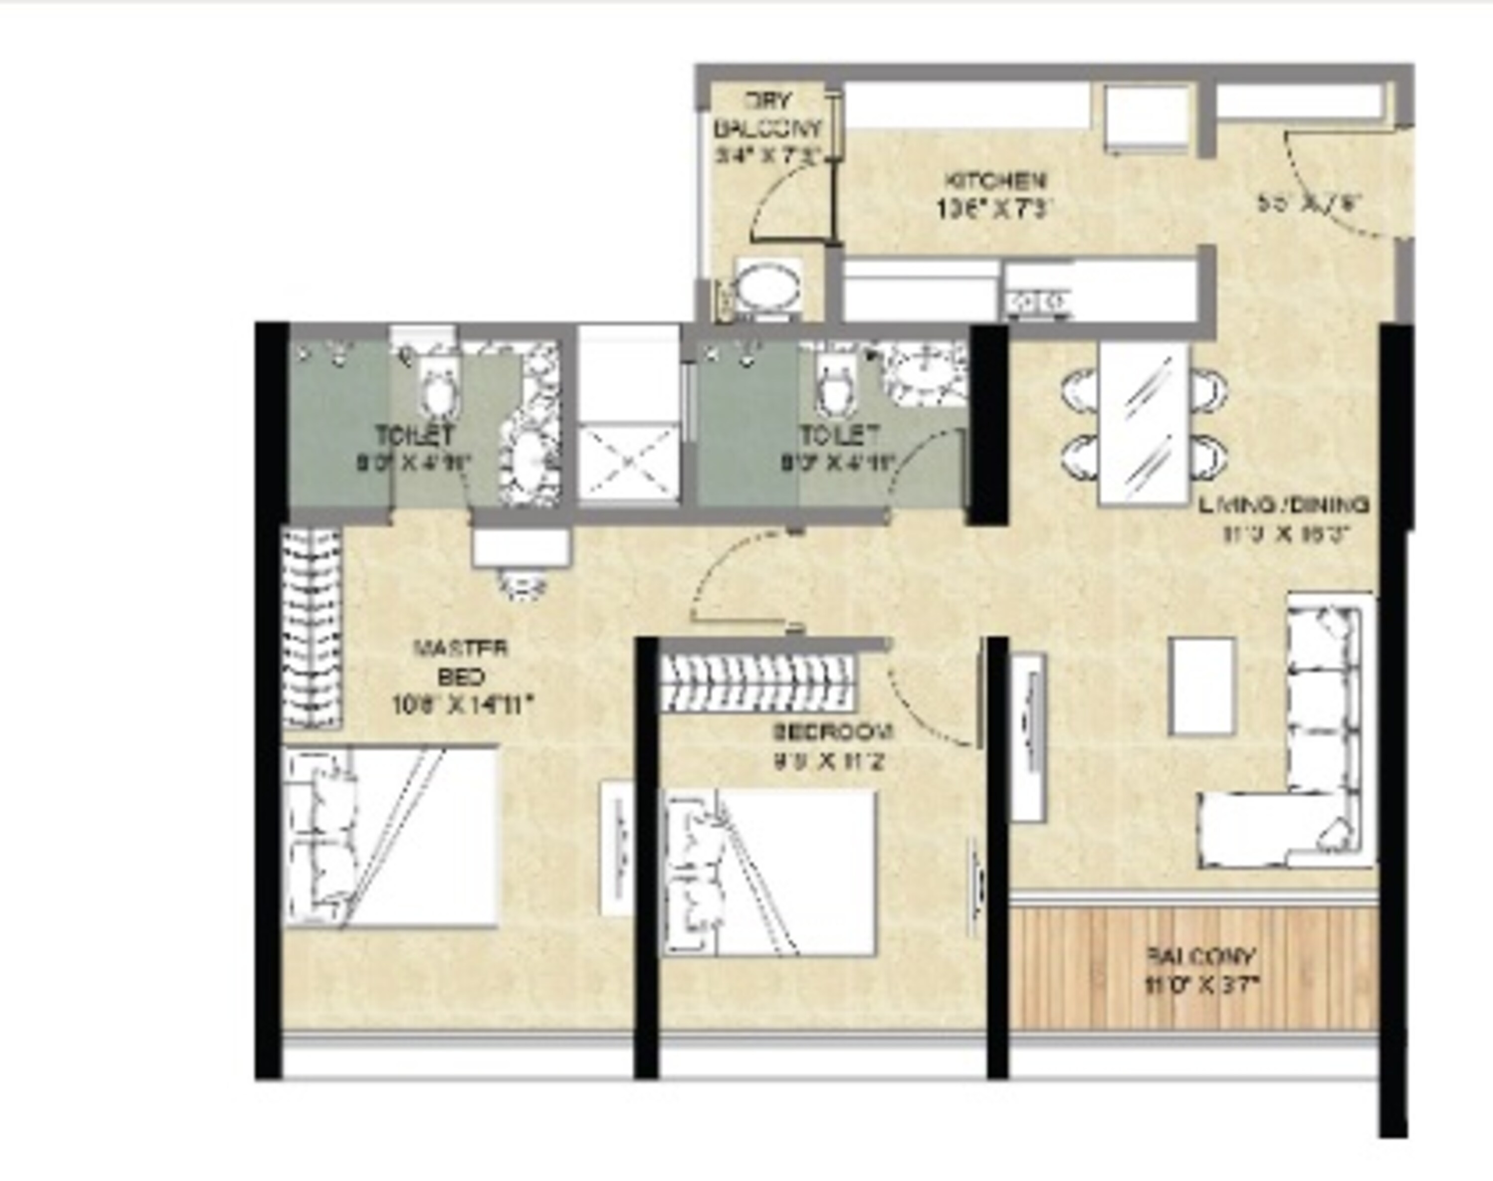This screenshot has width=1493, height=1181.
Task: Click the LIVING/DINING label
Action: coord(1283,505)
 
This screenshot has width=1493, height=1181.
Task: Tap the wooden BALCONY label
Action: coord(1200,957)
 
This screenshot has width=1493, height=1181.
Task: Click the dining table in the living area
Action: coord(1145,425)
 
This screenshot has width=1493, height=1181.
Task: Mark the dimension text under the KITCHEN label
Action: coord(995,209)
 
